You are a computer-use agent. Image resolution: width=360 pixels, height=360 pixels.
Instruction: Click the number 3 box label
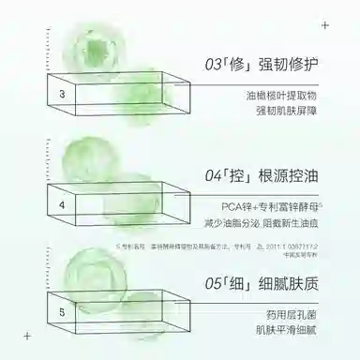[62, 95]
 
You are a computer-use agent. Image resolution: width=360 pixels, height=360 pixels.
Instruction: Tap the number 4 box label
[62, 203]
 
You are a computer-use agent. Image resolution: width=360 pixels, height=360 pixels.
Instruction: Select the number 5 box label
[62, 311]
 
